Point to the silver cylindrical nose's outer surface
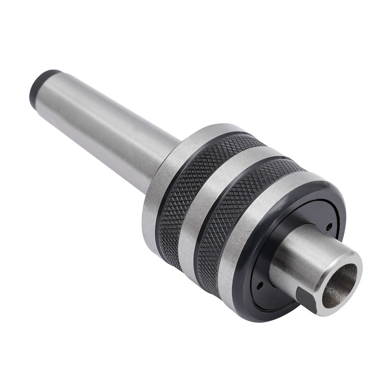(x=302, y=257)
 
